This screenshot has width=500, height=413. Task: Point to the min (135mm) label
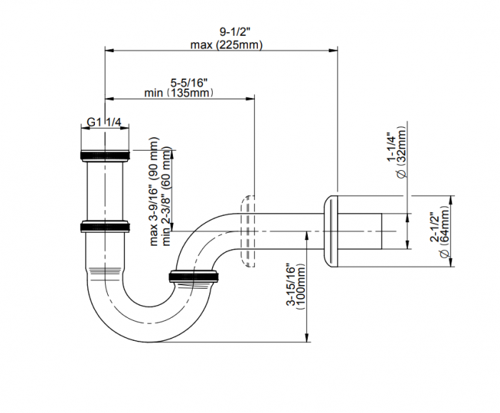(x=179, y=93)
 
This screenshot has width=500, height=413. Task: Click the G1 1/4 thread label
(x=104, y=122)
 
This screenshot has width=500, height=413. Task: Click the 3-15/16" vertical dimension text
(x=290, y=284)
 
